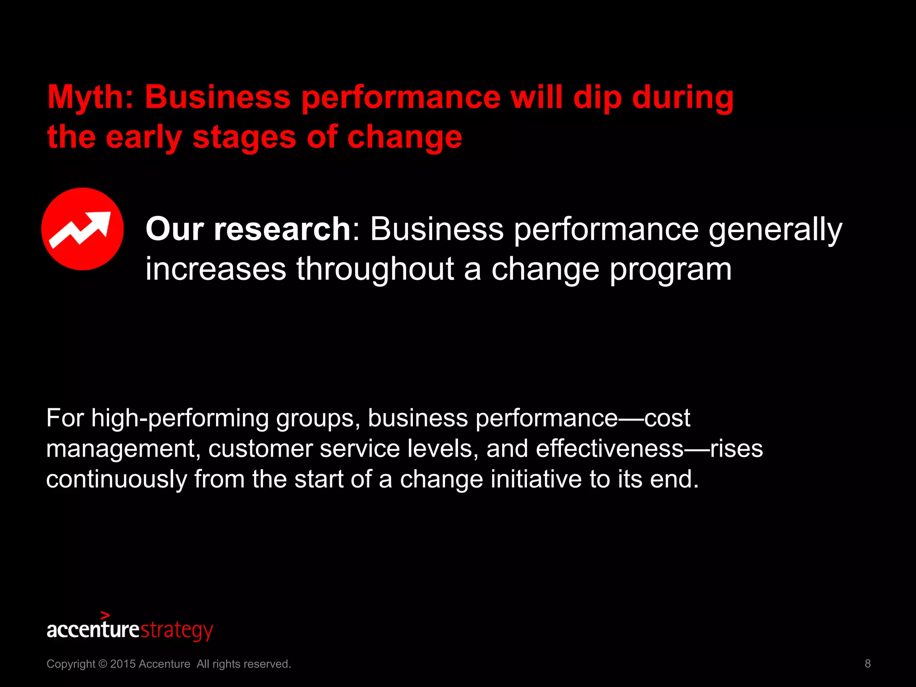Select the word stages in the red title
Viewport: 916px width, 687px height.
[x=244, y=138]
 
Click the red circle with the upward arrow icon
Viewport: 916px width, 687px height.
[x=83, y=229]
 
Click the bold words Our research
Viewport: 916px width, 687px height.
[x=248, y=229]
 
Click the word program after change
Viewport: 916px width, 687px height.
[x=670, y=269]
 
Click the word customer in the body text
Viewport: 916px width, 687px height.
[x=260, y=449]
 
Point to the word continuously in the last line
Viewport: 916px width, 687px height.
[x=116, y=479]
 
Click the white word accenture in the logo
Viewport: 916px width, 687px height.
[x=93, y=630]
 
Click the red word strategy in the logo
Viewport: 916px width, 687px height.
[x=177, y=630]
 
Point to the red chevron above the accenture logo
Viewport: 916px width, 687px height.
[x=105, y=615]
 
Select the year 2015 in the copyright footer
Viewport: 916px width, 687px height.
[x=123, y=664]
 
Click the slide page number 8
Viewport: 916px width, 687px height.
[x=867, y=663]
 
